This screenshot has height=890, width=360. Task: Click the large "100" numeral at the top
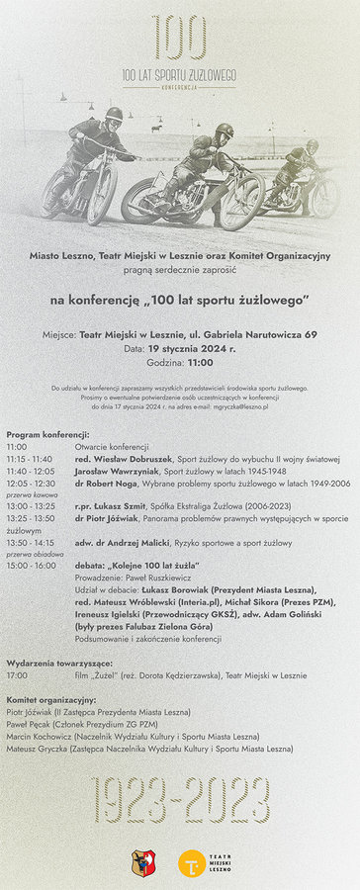pos(179,39)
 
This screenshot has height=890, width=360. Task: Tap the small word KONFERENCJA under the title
pos(179,87)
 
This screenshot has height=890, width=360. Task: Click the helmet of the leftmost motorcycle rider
pos(114,115)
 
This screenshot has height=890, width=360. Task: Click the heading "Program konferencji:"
pos(47,434)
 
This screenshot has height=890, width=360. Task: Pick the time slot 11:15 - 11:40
pos(30,459)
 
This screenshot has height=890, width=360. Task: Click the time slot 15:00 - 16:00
pos(30,566)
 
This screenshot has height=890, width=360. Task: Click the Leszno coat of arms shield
pos(140,863)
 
